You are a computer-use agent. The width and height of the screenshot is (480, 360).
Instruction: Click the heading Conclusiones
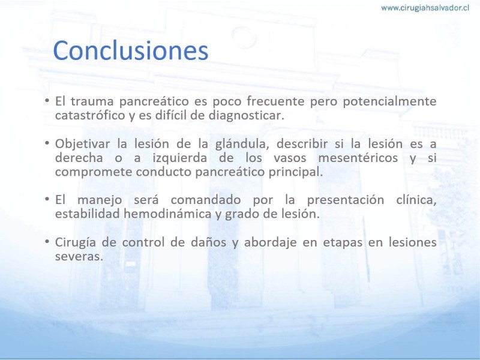coord(131,50)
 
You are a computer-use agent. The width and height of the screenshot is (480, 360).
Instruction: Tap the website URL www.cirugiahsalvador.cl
coord(425,8)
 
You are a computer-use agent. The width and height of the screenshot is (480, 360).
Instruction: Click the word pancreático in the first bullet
coord(154,101)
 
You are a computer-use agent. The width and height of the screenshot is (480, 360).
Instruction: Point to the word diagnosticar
coord(247,116)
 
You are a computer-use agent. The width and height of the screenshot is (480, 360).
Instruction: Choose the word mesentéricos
coord(358,158)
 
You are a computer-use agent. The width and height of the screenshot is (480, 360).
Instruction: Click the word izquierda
coord(179,158)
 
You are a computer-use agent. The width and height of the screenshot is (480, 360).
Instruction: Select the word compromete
coord(94,172)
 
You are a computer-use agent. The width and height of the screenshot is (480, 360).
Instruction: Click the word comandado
coord(206,200)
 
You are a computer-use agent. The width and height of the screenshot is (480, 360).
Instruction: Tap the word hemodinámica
coord(167,214)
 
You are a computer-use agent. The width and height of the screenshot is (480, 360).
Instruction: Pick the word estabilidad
coord(88,214)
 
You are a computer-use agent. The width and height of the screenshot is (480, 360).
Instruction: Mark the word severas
coord(79,257)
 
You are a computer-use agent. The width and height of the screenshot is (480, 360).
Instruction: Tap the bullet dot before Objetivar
coord(47,143)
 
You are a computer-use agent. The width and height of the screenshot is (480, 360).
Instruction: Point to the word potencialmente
coord(389,101)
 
